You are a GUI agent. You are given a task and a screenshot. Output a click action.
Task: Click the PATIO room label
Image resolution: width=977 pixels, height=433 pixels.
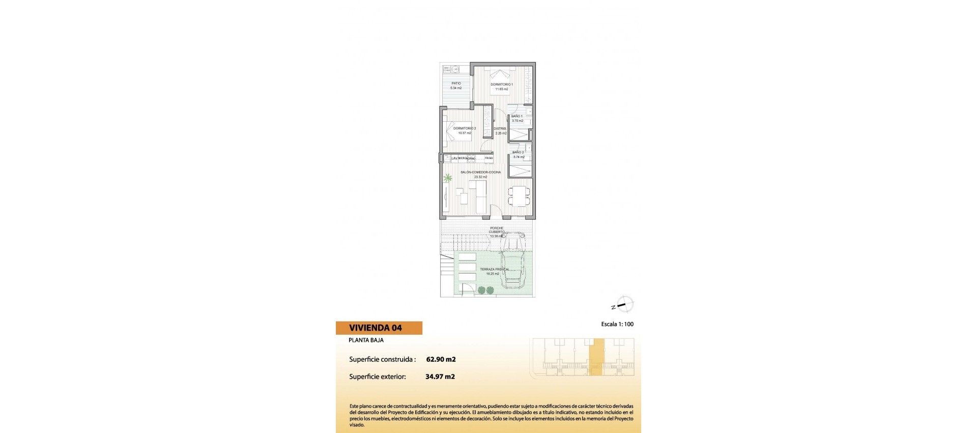tap(456, 84)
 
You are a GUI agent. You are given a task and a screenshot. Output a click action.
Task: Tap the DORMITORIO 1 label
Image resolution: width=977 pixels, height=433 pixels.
tap(501, 85)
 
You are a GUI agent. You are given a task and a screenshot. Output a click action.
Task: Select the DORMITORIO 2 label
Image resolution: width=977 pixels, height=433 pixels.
tap(465, 128)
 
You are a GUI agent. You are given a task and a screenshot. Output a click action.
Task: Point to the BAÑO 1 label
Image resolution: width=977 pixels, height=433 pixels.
tap(517, 116)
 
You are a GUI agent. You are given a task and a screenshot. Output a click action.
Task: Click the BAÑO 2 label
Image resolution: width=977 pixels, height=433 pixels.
tap(518, 152)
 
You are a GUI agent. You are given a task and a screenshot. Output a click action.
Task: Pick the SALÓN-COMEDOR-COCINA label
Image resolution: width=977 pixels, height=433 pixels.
tap(480, 172)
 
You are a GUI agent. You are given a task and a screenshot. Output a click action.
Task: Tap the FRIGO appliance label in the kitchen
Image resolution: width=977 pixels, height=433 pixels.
tap(489, 158)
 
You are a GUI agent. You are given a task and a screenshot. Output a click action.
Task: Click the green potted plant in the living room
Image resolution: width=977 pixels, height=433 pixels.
tap(448, 178)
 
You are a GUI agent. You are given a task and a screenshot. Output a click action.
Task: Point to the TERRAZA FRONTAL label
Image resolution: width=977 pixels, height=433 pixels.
tap(494, 269)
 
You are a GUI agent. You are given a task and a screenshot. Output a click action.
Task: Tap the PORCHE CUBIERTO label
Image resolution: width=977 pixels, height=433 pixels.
tap(497, 230)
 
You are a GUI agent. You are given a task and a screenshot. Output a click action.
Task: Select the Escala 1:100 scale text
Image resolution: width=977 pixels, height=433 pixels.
tap(617, 324)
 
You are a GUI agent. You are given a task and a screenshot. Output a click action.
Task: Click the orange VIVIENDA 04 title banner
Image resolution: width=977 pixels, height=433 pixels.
tap(379, 328)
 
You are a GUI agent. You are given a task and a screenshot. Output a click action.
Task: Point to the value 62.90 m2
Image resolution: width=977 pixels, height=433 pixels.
tap(441, 359)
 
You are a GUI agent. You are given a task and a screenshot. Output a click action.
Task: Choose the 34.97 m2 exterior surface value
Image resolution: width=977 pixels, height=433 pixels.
tap(440, 377)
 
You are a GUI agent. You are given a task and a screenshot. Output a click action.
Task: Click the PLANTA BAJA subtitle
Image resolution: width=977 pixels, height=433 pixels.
tap(366, 340)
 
